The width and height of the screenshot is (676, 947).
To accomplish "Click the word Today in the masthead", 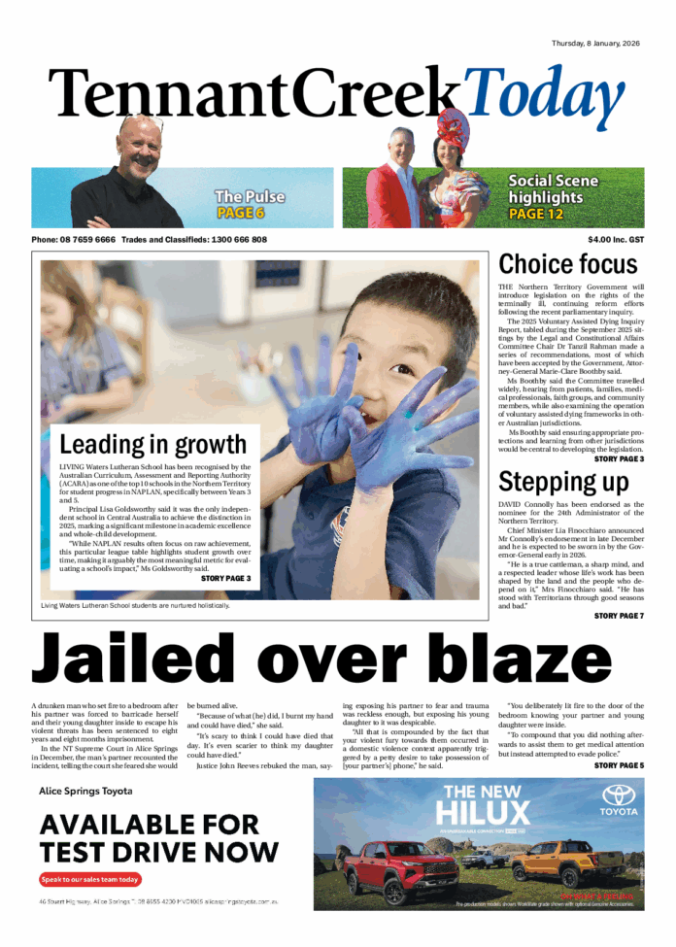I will [545, 101].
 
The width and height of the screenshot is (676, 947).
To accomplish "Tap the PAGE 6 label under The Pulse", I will [240, 213].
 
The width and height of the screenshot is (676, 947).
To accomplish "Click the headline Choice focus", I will [568, 264].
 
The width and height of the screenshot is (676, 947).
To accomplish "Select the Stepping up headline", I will [563, 482].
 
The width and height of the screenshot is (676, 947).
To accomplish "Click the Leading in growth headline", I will [153, 446].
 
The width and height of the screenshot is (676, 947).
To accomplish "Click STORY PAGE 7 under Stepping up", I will [619, 616].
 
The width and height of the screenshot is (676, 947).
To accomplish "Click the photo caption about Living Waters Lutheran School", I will [135, 606].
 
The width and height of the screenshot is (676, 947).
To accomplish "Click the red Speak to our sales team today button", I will [90, 880].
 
